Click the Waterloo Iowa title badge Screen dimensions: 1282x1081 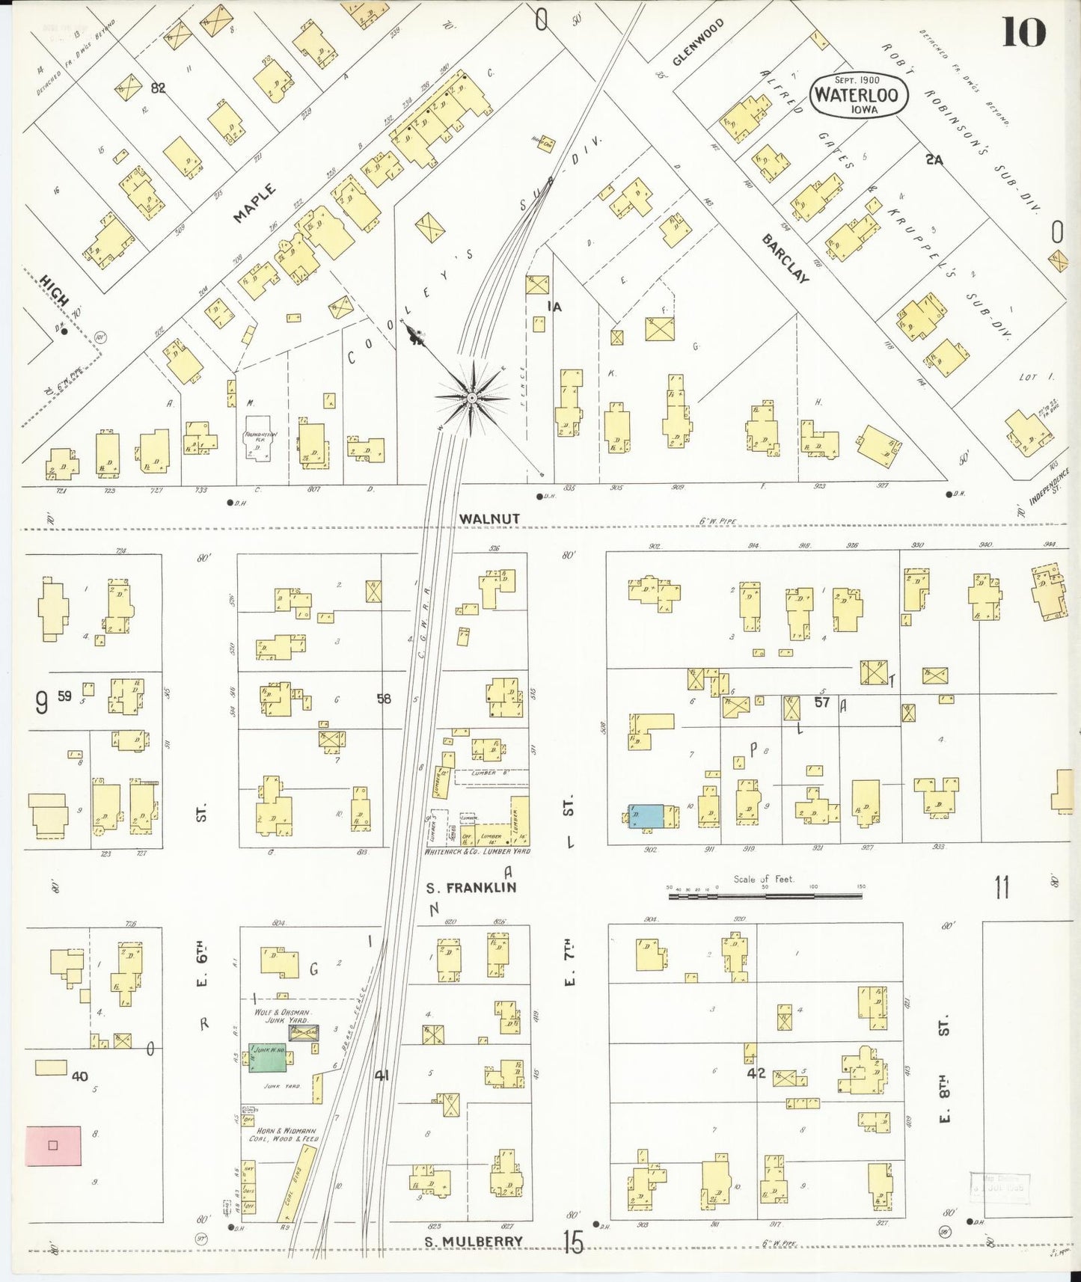pyautogui.click(x=859, y=95)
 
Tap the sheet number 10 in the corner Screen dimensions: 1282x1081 pyautogui.click(x=1023, y=31)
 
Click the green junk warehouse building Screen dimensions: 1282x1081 pyautogui.click(x=268, y=1058)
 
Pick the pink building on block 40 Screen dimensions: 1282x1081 pyautogui.click(x=53, y=1145)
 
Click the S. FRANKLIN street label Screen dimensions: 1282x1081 pyautogui.click(x=471, y=888)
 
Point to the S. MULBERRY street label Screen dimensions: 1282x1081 pyautogui.click(x=474, y=1242)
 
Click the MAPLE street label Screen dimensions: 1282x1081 pyautogui.click(x=254, y=203)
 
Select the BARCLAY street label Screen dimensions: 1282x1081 pyautogui.click(x=786, y=258)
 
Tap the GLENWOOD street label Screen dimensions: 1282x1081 pyautogui.click(x=688, y=43)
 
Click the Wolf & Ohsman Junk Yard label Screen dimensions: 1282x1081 pyautogui.click(x=276, y=1016)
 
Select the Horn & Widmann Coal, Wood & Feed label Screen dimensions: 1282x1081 pyautogui.click(x=284, y=1134)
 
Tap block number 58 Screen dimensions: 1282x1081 pyautogui.click(x=384, y=699)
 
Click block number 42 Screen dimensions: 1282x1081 pyautogui.click(x=756, y=1073)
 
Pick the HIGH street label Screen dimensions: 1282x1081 pyautogui.click(x=55, y=291)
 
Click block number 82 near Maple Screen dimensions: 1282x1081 pyautogui.click(x=158, y=88)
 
